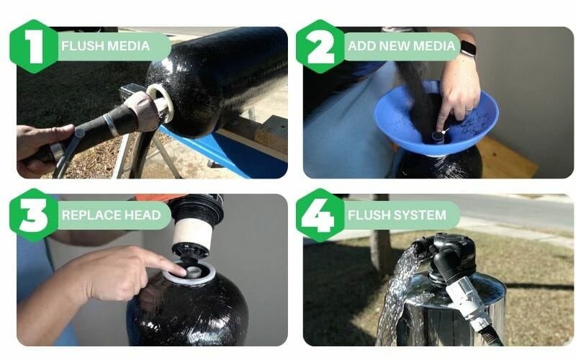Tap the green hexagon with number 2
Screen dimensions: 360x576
[321, 47]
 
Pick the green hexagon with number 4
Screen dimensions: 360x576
[321, 215]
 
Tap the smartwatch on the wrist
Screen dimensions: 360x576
[467, 48]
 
